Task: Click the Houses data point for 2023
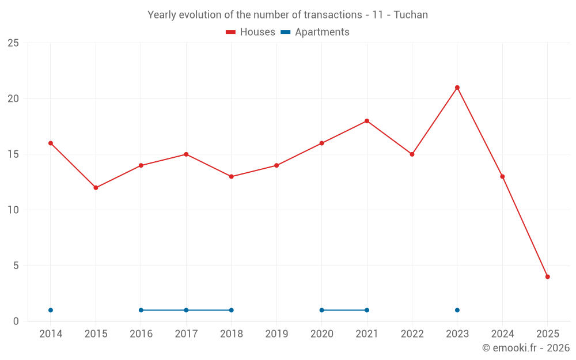pyautogui.click(x=457, y=88)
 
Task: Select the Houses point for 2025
pyautogui.click(x=548, y=276)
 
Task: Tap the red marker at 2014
pyautogui.click(x=51, y=143)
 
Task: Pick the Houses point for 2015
pyautogui.click(x=96, y=188)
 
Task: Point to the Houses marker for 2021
pyautogui.click(x=367, y=121)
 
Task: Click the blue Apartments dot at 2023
pyautogui.click(x=457, y=310)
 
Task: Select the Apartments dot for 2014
pyautogui.click(x=51, y=310)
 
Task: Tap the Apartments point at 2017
pyautogui.click(x=186, y=310)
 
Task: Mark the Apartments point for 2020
pyautogui.click(x=321, y=310)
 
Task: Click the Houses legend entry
pyautogui.click(x=251, y=32)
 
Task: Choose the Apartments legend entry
pyautogui.click(x=315, y=32)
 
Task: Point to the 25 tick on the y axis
pyautogui.click(x=13, y=43)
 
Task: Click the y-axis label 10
pyautogui.click(x=13, y=210)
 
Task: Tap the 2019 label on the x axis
pyautogui.click(x=276, y=334)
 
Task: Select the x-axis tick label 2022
pyautogui.click(x=412, y=334)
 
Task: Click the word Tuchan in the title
pyautogui.click(x=411, y=15)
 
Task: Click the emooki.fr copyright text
pyautogui.click(x=526, y=348)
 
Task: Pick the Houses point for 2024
pyautogui.click(x=502, y=177)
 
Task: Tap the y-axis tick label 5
pyautogui.click(x=16, y=266)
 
